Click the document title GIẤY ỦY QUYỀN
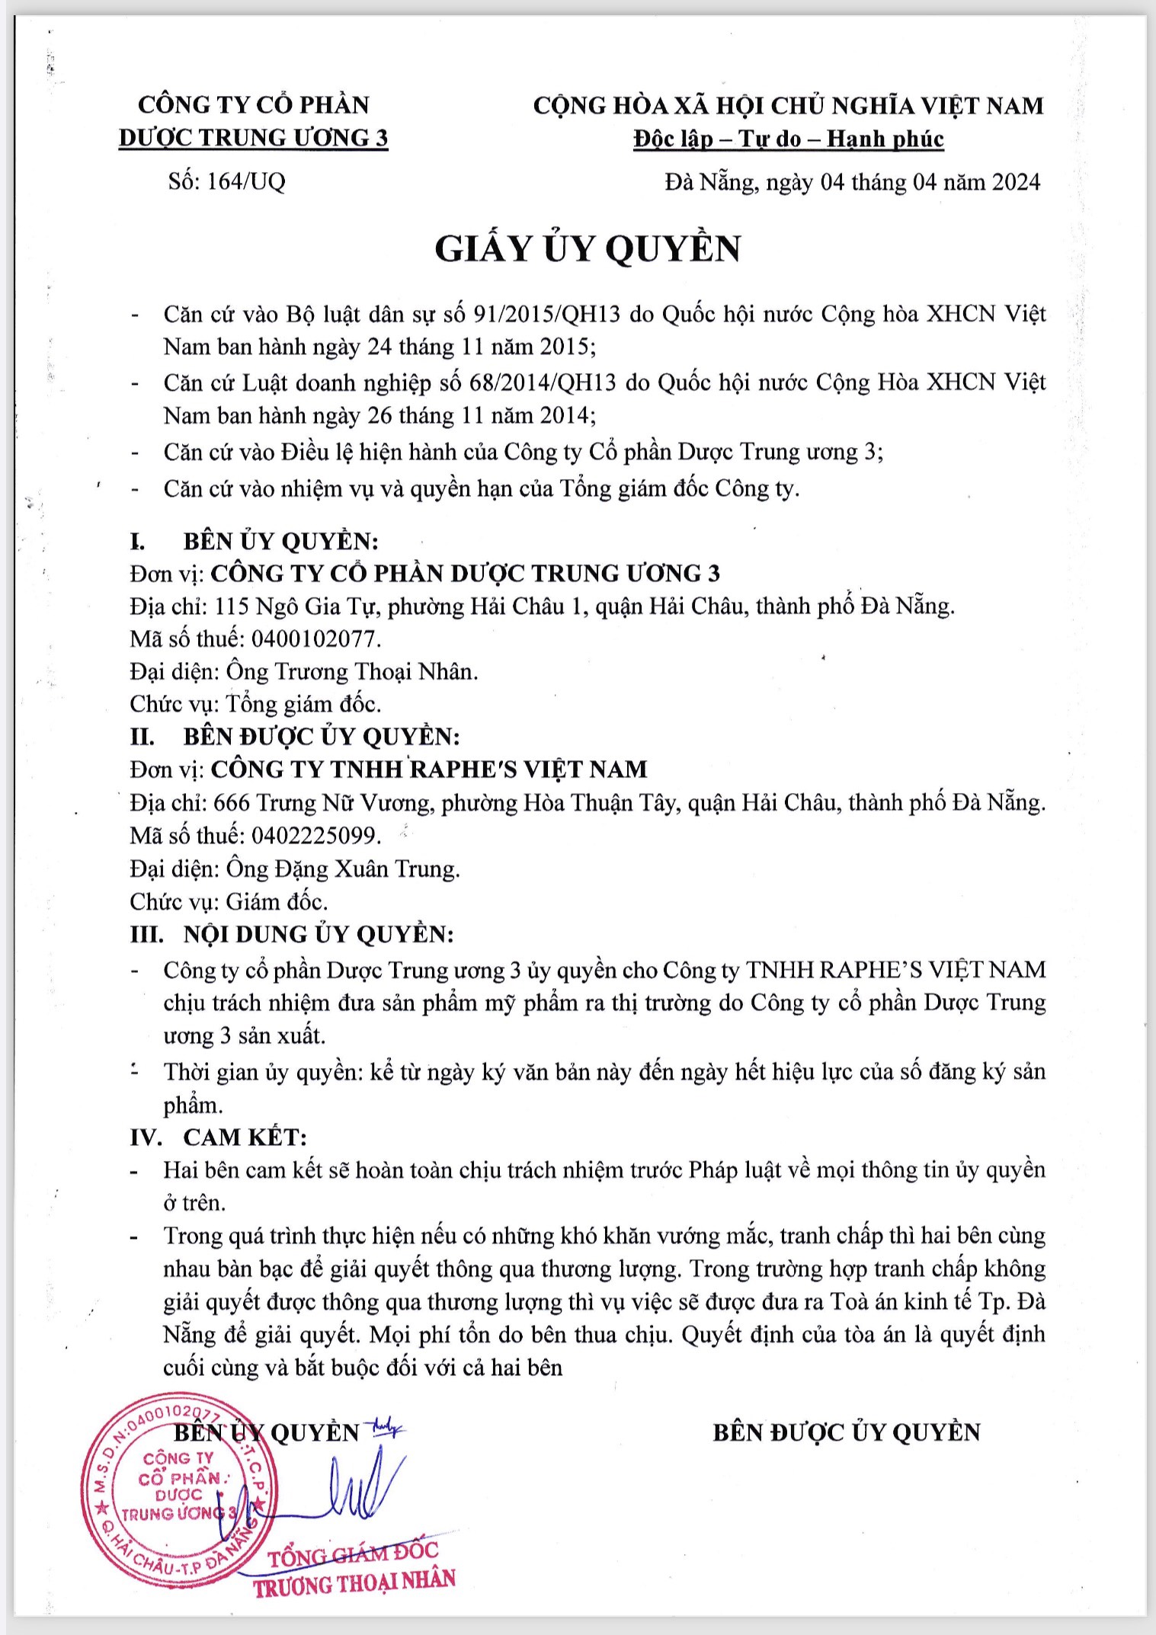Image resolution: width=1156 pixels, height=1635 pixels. click(588, 249)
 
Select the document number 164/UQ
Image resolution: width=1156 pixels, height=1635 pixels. click(245, 181)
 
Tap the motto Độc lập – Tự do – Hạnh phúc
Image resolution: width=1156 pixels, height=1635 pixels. click(788, 139)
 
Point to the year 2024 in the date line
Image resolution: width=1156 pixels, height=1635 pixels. click(1015, 182)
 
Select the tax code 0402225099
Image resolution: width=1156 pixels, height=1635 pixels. click(314, 836)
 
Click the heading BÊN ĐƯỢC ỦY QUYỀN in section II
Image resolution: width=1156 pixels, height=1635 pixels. click(321, 737)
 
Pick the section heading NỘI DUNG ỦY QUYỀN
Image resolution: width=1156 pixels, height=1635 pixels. click(318, 934)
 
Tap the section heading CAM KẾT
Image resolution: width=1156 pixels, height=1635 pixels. click(245, 1137)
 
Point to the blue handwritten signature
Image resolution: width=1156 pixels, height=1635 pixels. click(351, 1493)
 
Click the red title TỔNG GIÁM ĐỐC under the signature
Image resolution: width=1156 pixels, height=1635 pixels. click(354, 1554)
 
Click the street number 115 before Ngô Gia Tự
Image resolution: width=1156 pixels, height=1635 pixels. click(232, 606)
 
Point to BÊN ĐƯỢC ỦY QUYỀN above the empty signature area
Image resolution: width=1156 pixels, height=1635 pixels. click(846, 1432)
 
